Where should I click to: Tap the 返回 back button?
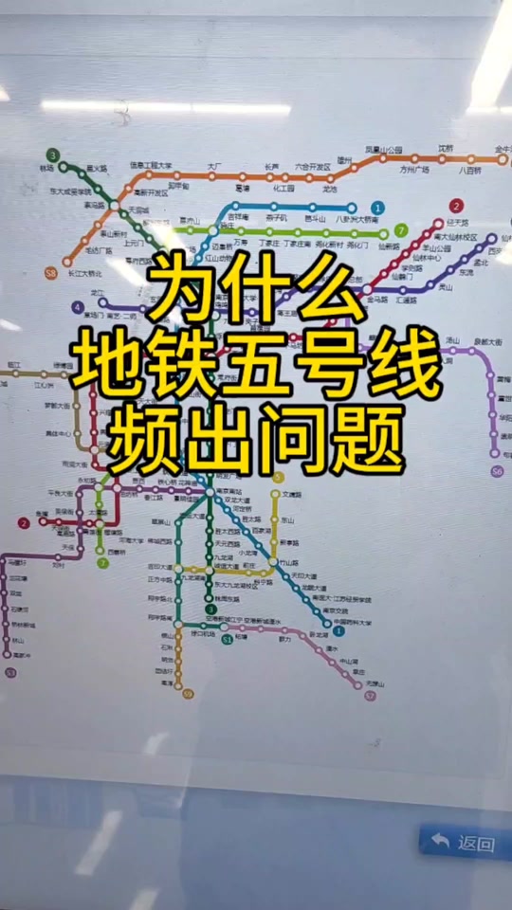(x=463, y=842)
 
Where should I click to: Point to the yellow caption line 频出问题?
(x=256, y=442)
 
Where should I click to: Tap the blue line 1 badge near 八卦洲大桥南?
(x=377, y=208)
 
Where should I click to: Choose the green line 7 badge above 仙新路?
(x=401, y=230)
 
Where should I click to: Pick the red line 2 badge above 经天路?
(x=456, y=206)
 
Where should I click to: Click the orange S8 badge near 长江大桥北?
(x=51, y=273)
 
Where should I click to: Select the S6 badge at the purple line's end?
(x=497, y=470)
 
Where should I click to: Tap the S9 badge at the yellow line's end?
(x=188, y=694)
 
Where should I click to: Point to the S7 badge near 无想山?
(x=370, y=695)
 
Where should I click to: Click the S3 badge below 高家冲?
(x=11, y=672)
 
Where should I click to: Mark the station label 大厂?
(x=214, y=167)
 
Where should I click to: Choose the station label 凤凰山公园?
(x=383, y=150)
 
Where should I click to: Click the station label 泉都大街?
(x=488, y=340)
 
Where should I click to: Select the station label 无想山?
(x=375, y=682)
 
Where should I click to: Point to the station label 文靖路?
(x=292, y=495)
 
